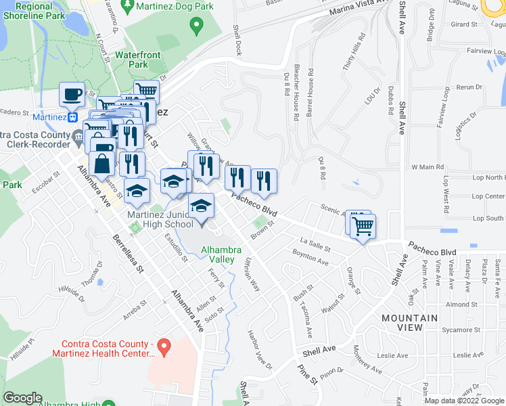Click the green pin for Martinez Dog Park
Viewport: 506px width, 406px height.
[x=197, y=27]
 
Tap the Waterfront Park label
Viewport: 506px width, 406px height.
[x=131, y=59]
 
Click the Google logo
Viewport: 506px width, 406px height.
[x=22, y=398]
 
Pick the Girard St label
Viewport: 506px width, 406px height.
[x=464, y=24]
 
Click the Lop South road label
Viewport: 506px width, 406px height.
[x=488, y=219]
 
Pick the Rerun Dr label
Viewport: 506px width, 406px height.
[x=469, y=87]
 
